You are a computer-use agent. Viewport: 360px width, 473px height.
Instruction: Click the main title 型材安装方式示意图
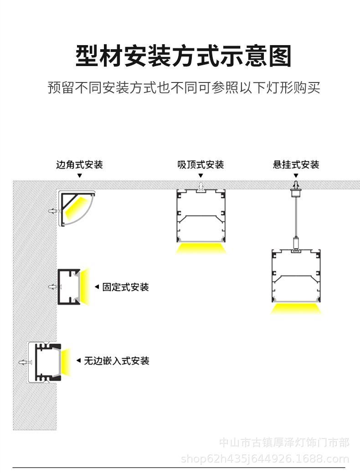click(183, 57)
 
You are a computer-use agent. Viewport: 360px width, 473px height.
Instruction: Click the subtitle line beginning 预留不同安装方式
click(184, 87)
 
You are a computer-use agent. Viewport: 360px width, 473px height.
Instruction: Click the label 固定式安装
click(125, 287)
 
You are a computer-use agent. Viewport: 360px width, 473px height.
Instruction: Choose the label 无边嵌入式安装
click(117, 361)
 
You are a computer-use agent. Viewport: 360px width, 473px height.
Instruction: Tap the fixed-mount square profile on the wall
click(69, 287)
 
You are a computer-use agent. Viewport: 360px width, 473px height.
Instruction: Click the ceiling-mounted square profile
click(201, 216)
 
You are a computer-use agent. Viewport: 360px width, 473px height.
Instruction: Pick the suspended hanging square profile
click(296, 276)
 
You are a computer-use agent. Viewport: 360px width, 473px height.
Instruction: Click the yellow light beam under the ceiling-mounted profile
click(201, 249)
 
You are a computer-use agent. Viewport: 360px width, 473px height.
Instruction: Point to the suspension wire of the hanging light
click(296, 216)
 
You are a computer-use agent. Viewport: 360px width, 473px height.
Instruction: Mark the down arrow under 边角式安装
click(79, 175)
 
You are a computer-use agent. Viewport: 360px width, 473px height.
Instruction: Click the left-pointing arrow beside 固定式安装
click(97, 287)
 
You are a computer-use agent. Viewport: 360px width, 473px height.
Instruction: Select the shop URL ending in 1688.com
click(265, 459)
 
